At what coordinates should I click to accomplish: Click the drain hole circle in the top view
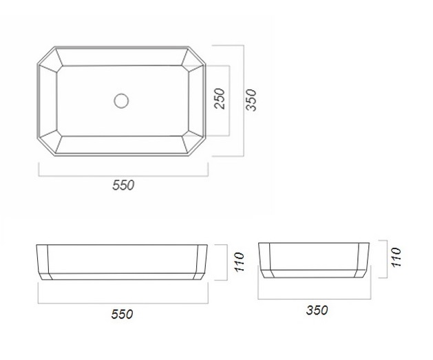coord(121,100)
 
